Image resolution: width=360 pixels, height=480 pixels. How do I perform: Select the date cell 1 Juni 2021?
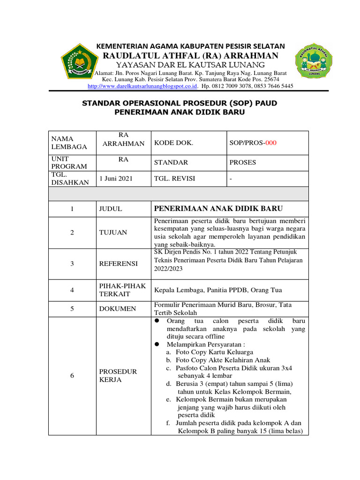(x=116, y=179)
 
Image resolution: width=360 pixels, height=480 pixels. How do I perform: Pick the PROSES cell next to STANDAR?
(x=243, y=162)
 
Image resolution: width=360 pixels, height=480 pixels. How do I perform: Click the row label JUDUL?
(x=111, y=209)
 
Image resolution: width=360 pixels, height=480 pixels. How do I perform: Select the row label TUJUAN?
(x=113, y=232)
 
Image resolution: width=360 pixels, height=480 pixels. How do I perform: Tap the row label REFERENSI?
(x=118, y=263)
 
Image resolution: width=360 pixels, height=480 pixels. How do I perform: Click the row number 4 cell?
(x=72, y=290)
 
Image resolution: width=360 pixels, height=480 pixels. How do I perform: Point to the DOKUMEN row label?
(x=117, y=309)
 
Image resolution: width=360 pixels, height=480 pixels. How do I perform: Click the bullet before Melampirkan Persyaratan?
(x=157, y=345)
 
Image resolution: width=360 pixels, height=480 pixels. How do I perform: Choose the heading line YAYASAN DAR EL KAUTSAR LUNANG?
(x=190, y=65)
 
